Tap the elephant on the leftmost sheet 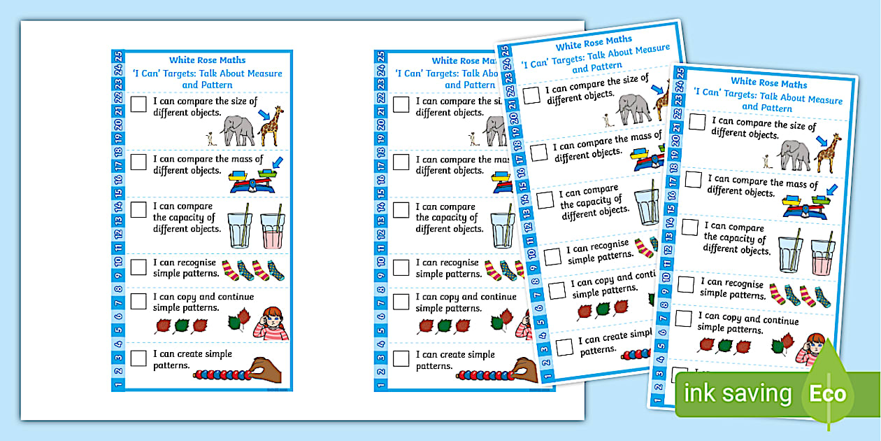tap(238, 131)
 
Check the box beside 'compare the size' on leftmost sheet tap(139, 104)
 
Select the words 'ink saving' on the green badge tap(737, 394)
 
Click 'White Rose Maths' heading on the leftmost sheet tap(207, 60)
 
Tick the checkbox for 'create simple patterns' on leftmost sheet tap(139, 358)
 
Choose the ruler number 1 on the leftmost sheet tap(118, 383)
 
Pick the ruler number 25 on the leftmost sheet tap(118, 57)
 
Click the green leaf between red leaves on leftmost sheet tap(182, 325)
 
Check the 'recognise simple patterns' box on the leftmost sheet tap(139, 267)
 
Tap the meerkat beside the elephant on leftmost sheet tap(208, 138)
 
